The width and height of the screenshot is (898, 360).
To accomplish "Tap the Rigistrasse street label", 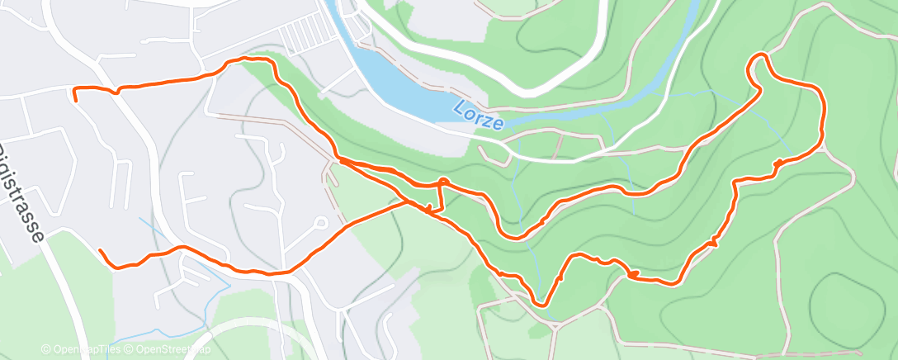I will coord(21,194).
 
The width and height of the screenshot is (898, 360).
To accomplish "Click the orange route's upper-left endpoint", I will coord(75,98).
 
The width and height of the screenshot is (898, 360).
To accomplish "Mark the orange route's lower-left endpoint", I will coord(100,249).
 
